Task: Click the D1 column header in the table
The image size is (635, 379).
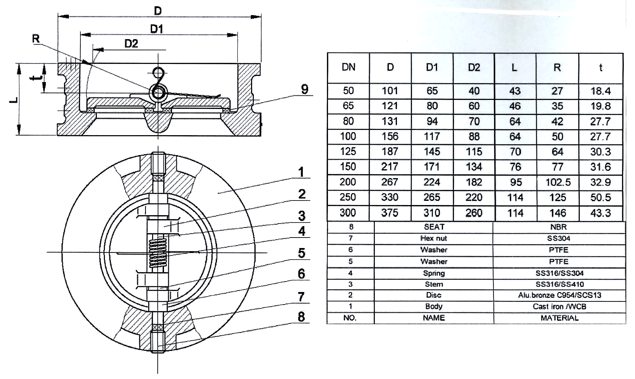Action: pyautogui.click(x=432, y=67)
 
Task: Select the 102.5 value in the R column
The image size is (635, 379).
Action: pyautogui.click(x=558, y=182)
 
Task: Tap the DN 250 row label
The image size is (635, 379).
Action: pyautogui.click(x=348, y=197)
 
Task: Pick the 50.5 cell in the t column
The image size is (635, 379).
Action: pyautogui.click(x=600, y=197)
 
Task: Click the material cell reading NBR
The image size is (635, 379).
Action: pyautogui.click(x=558, y=227)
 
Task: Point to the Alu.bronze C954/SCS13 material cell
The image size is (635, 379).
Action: pyautogui.click(x=559, y=295)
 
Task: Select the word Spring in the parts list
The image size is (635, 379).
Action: pyautogui.click(x=434, y=273)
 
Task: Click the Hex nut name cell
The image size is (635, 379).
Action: pyautogui.click(x=434, y=239)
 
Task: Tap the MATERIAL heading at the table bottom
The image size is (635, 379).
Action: pyautogui.click(x=559, y=318)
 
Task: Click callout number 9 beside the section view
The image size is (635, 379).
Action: pyautogui.click(x=305, y=89)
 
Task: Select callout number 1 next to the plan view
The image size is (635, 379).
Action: pyautogui.click(x=301, y=172)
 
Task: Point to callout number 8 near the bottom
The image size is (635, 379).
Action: pyautogui.click(x=301, y=317)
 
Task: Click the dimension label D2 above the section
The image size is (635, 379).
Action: pyautogui.click(x=131, y=44)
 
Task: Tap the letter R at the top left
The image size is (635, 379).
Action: pyautogui.click(x=36, y=38)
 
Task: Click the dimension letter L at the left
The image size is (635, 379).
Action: pyautogui.click(x=13, y=100)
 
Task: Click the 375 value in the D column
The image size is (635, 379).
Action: pyautogui.click(x=390, y=213)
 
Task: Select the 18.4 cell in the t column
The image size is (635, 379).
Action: pyautogui.click(x=600, y=91)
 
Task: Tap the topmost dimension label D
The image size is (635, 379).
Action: pyautogui.click(x=158, y=11)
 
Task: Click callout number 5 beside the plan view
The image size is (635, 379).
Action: pyautogui.click(x=301, y=253)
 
